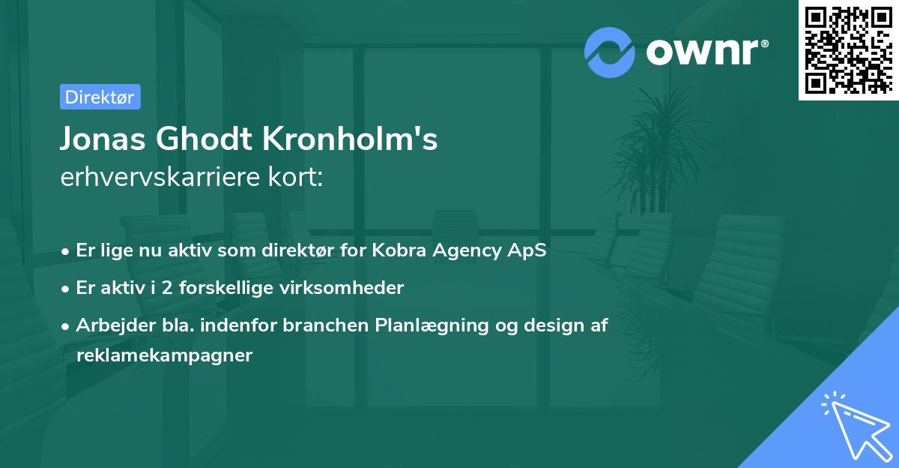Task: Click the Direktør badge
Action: [x=100, y=97]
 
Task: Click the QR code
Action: [x=847, y=49]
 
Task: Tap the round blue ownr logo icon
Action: [x=610, y=52]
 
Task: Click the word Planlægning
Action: [x=435, y=325]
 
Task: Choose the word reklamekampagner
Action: [x=164, y=355]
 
